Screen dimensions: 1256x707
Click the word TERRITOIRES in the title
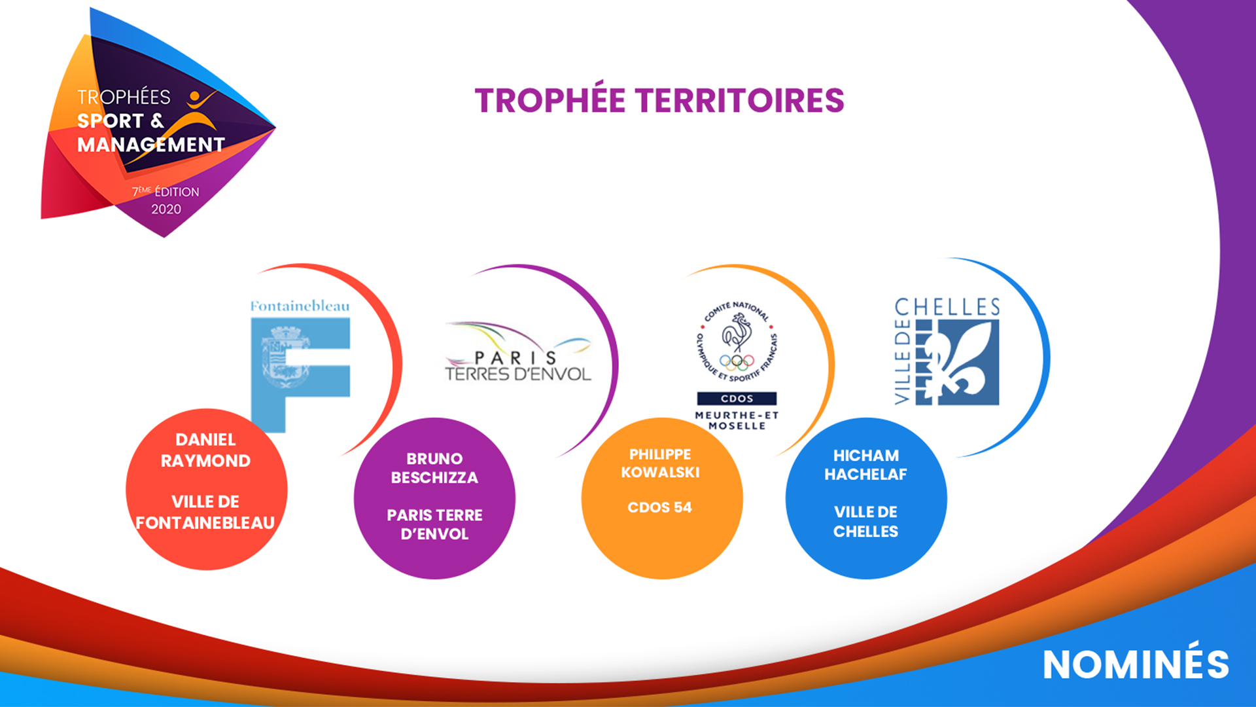pos(740,101)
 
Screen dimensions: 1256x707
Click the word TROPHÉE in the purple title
pos(550,101)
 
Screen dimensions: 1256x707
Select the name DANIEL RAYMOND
pos(205,450)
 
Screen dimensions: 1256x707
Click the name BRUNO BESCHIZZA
pos(434,468)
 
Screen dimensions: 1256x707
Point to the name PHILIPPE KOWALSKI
pos(660,463)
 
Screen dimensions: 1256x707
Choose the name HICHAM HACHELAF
pos(865,465)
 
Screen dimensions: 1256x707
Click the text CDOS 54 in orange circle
pos(659,507)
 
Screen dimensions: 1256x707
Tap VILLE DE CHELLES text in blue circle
pos(865,522)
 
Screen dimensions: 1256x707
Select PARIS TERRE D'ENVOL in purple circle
pos(434,524)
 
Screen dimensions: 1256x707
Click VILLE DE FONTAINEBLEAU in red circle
pos(205,512)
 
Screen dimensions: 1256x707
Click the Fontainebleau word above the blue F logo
pos(300,306)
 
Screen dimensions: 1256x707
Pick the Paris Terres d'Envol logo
pos(518,352)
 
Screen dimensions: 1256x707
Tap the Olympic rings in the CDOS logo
pos(737,362)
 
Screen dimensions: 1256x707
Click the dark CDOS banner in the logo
pos(737,399)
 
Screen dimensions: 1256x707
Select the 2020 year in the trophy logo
pos(166,209)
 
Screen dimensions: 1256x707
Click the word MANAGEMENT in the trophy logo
pos(150,145)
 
